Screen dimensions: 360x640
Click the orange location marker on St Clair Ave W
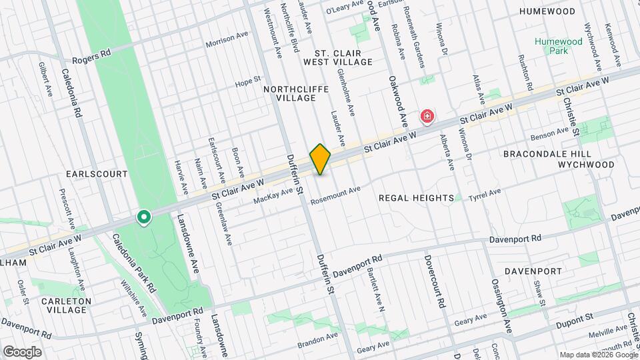click(x=320, y=159)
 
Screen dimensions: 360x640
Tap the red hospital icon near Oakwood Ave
click(x=427, y=117)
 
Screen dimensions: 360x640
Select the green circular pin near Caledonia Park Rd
click(x=143, y=217)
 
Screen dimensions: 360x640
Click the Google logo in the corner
click(x=21, y=351)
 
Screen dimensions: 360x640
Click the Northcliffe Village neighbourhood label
click(x=289, y=93)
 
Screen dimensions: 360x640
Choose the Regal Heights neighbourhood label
click(x=416, y=198)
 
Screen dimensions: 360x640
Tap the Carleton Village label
click(x=65, y=306)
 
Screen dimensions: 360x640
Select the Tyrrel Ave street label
click(x=484, y=194)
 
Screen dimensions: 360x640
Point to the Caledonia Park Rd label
click(x=134, y=264)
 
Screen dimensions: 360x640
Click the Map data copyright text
click(x=598, y=355)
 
